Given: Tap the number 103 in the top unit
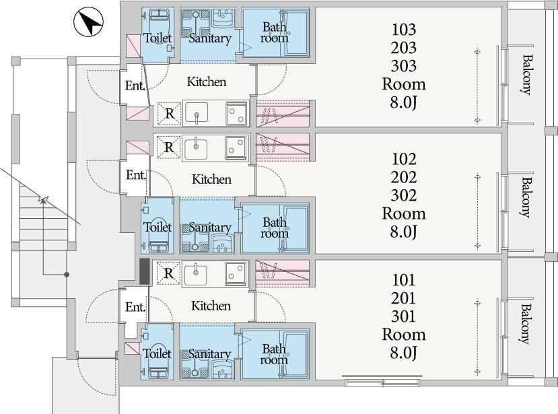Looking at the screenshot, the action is tap(404, 30).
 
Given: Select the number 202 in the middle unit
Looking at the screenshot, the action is tap(404, 177).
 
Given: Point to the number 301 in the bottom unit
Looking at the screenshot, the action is tap(404, 316).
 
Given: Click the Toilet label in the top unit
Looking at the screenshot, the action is tap(158, 38).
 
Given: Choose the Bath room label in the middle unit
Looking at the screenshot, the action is tap(275, 228).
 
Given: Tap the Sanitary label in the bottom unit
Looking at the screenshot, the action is tap(209, 354).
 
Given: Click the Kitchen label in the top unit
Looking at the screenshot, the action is tap(207, 82).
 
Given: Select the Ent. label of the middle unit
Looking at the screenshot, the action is tap(136, 175).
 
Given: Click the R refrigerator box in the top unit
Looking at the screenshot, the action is tap(170, 114).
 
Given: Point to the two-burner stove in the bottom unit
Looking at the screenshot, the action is tap(236, 273).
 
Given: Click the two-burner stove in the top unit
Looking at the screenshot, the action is tap(237, 114).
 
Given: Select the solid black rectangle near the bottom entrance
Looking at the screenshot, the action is tap(144, 271).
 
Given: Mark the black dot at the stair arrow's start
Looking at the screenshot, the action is tap(67, 275).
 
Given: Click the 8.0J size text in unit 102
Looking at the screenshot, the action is tap(404, 232).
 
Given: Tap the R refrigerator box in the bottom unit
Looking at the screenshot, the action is tap(169, 273).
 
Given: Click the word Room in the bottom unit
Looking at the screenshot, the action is tap(404, 335).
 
